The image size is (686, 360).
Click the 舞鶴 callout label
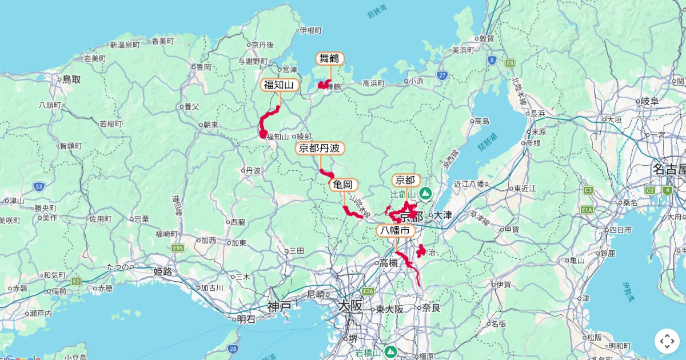pyautogui.click(x=330, y=58)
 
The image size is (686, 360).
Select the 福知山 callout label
pyautogui.click(x=278, y=85)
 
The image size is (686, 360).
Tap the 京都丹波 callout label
pyautogui.click(x=320, y=149)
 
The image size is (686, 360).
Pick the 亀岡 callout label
pyautogui.click(x=343, y=185)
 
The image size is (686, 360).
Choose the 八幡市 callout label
pyautogui.click(x=396, y=230)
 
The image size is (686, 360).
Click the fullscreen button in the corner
pyautogui.click(x=667, y=341)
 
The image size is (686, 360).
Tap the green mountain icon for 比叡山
pyautogui.click(x=425, y=194)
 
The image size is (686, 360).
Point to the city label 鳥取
pyautogui.click(x=71, y=79)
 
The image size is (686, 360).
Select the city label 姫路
pyautogui.click(x=162, y=271)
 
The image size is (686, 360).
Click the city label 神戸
pyautogui.click(x=280, y=306)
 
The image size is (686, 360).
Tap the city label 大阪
pyautogui.click(x=349, y=306)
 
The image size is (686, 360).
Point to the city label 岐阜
pyautogui.click(x=649, y=101)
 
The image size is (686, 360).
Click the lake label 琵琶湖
pyautogui.click(x=488, y=137)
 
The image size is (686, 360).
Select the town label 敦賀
pyautogui.click(x=486, y=39)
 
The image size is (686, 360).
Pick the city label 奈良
pyautogui.click(x=431, y=308)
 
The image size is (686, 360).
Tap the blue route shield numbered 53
pyautogui.click(x=39, y=186)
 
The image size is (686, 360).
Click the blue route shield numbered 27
pyautogui.click(x=442, y=75)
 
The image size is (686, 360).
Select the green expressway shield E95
pyautogui.click(x=178, y=247)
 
